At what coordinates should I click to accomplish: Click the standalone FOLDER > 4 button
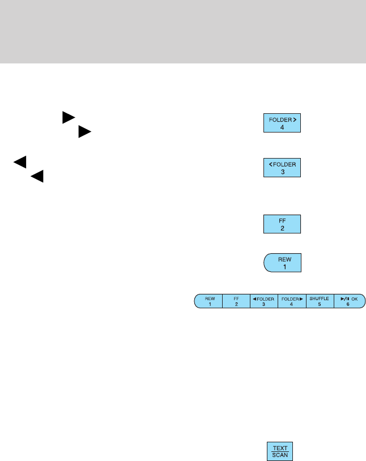click(282, 123)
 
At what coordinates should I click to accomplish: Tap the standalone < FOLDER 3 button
click(282, 168)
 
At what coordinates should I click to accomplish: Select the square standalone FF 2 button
click(282, 224)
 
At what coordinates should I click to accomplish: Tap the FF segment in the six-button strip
click(236, 301)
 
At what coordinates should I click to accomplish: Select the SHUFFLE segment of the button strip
click(320, 301)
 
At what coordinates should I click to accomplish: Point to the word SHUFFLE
click(320, 298)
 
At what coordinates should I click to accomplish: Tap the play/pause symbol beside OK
click(344, 298)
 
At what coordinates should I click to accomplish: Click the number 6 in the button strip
click(348, 304)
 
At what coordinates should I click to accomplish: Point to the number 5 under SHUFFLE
click(320, 304)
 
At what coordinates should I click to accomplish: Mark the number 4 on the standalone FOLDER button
click(282, 127)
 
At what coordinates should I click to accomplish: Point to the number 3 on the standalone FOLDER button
click(282, 172)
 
